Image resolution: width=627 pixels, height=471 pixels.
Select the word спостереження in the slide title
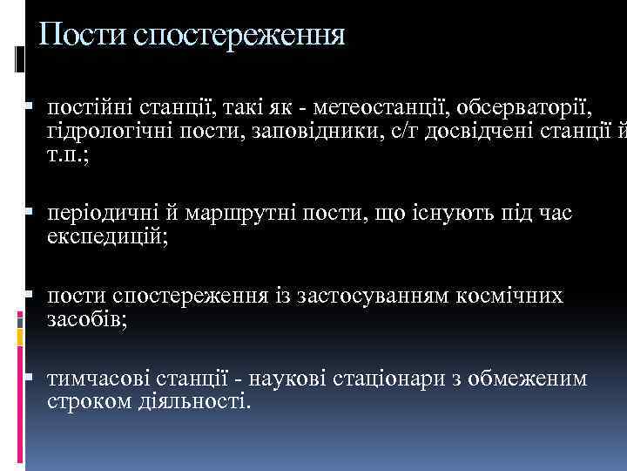tap(239, 36)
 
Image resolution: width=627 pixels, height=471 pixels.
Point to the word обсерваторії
tap(519, 107)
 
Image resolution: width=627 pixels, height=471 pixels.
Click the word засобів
tap(86, 319)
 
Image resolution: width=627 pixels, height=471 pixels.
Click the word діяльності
tap(199, 402)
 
